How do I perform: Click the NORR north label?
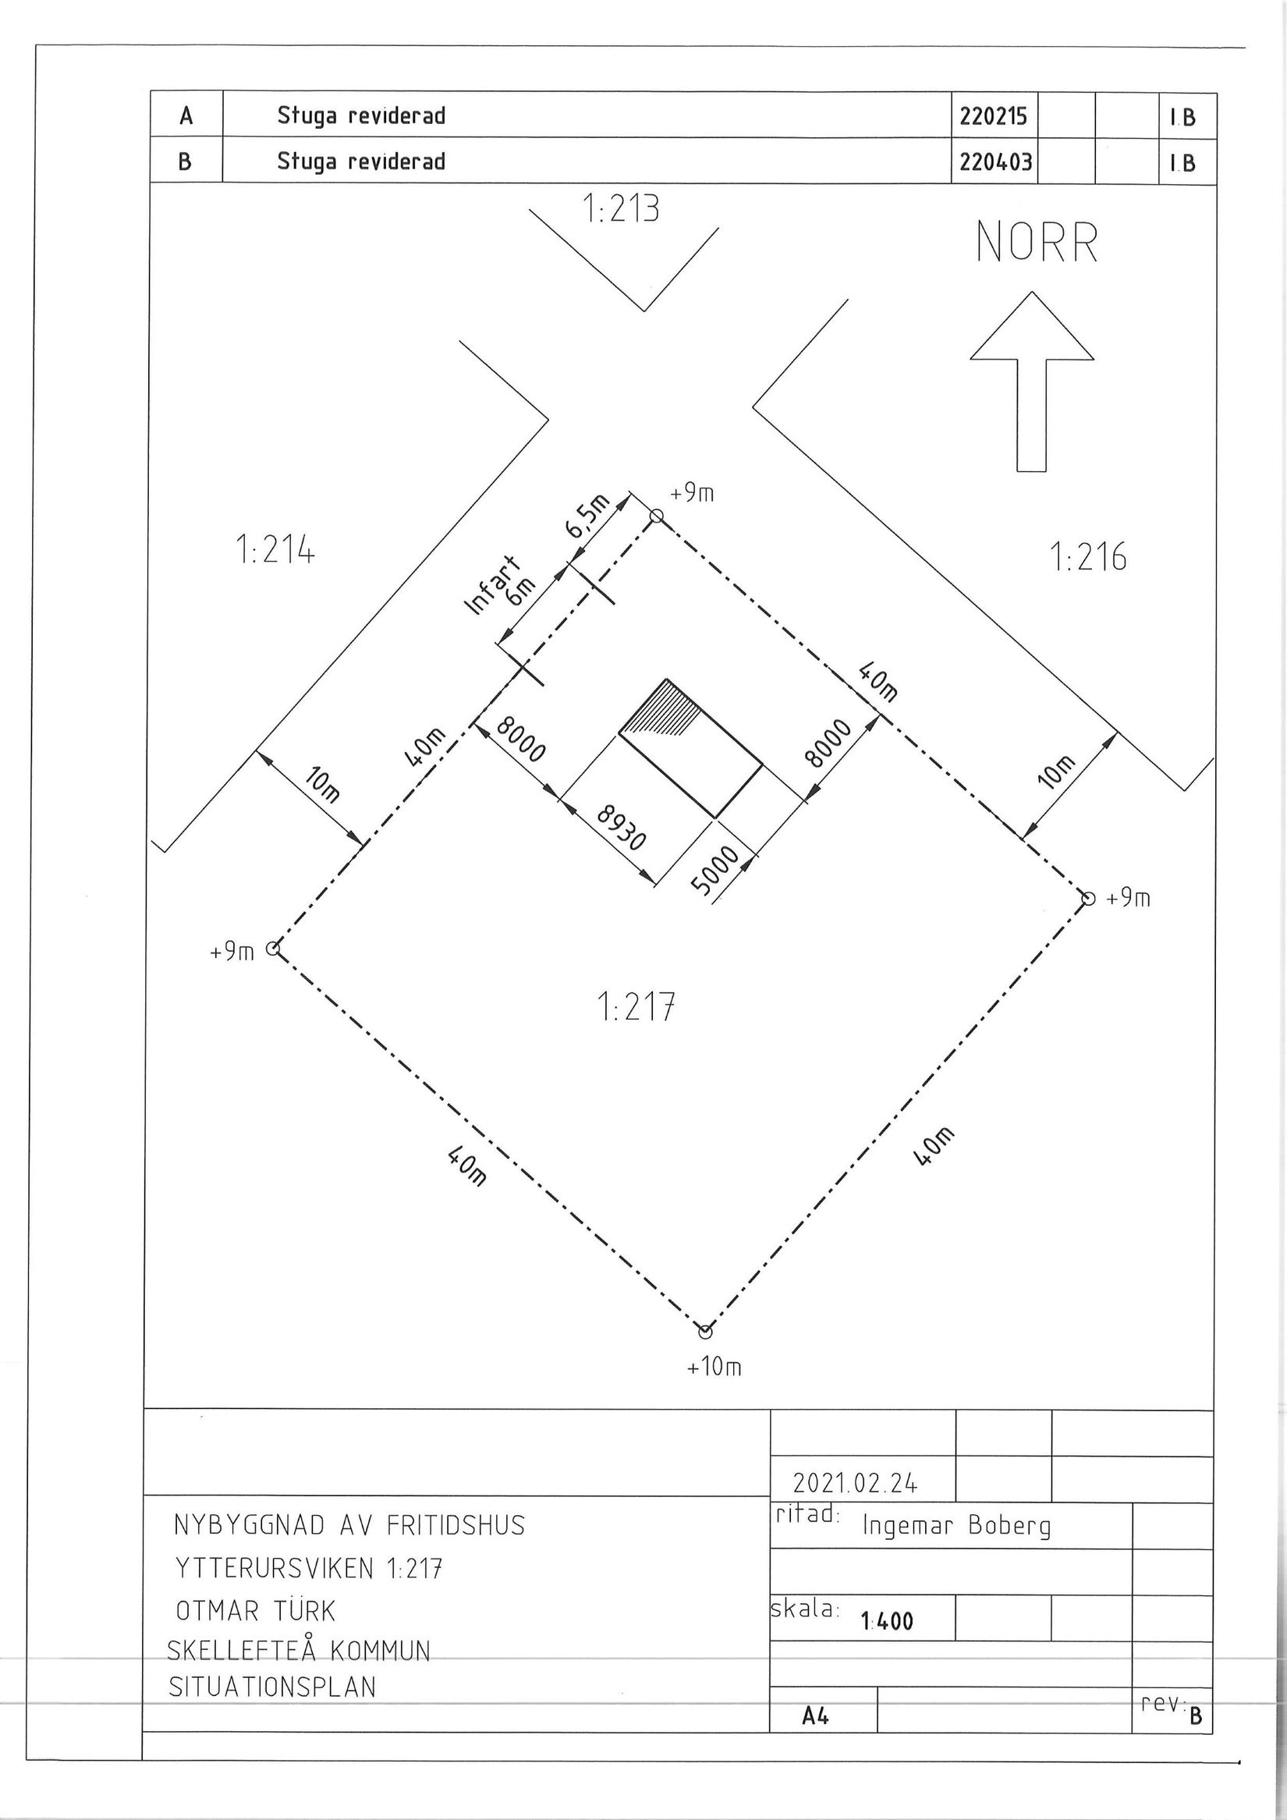(1037, 242)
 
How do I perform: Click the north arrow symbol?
(1032, 382)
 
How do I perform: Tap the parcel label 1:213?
(621, 209)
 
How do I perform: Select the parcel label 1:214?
(275, 549)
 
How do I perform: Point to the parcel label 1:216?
(1088, 556)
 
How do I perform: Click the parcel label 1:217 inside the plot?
(635, 1007)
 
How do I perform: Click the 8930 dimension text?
(621, 828)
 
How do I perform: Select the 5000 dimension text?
(714, 871)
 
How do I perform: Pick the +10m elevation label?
(714, 1367)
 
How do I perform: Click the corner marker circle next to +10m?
(704, 1331)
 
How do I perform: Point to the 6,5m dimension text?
(587, 516)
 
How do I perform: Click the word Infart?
(491, 586)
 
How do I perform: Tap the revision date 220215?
(993, 116)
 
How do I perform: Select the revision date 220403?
(995, 161)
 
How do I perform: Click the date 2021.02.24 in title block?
(855, 1482)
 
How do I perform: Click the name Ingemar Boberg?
(956, 1526)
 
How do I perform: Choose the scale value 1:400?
(887, 1621)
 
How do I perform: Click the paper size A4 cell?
(815, 1716)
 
